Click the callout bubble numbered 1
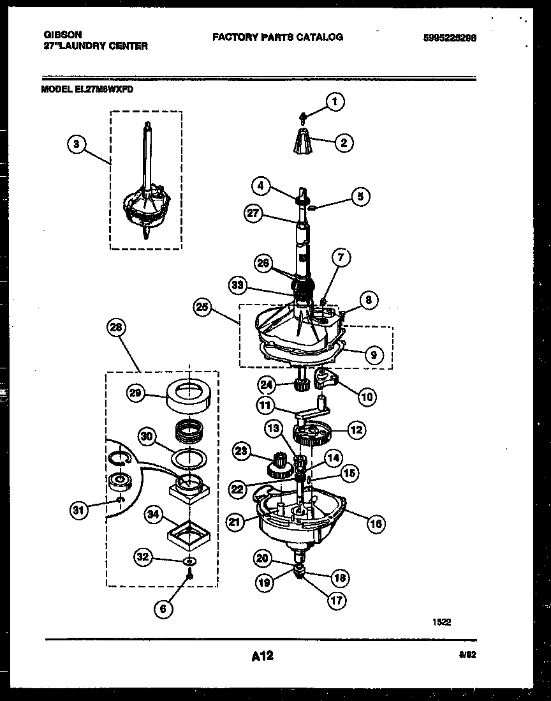tap(335, 101)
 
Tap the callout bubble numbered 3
tap(76, 144)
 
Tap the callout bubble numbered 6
tap(163, 609)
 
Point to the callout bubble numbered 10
tap(367, 396)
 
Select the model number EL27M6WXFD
tap(87, 90)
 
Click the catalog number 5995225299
tap(450, 38)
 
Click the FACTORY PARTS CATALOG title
tap(277, 37)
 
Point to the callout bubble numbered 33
tap(238, 285)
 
